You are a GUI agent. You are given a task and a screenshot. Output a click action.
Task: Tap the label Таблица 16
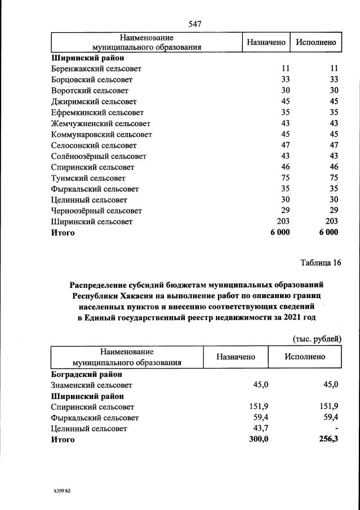click(x=321, y=262)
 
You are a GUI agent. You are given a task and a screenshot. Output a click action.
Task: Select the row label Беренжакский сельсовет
click(x=96, y=68)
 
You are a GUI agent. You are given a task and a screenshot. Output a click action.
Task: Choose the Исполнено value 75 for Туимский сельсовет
click(x=333, y=178)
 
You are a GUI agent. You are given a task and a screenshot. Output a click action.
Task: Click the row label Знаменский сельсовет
click(x=92, y=385)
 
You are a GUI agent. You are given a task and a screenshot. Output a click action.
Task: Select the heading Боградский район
click(x=87, y=374)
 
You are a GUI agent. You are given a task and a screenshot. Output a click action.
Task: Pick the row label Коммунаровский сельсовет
click(x=101, y=134)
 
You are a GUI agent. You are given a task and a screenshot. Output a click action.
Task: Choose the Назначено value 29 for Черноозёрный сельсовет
click(x=285, y=211)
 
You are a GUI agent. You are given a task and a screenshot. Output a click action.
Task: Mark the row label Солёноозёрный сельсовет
click(x=99, y=156)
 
